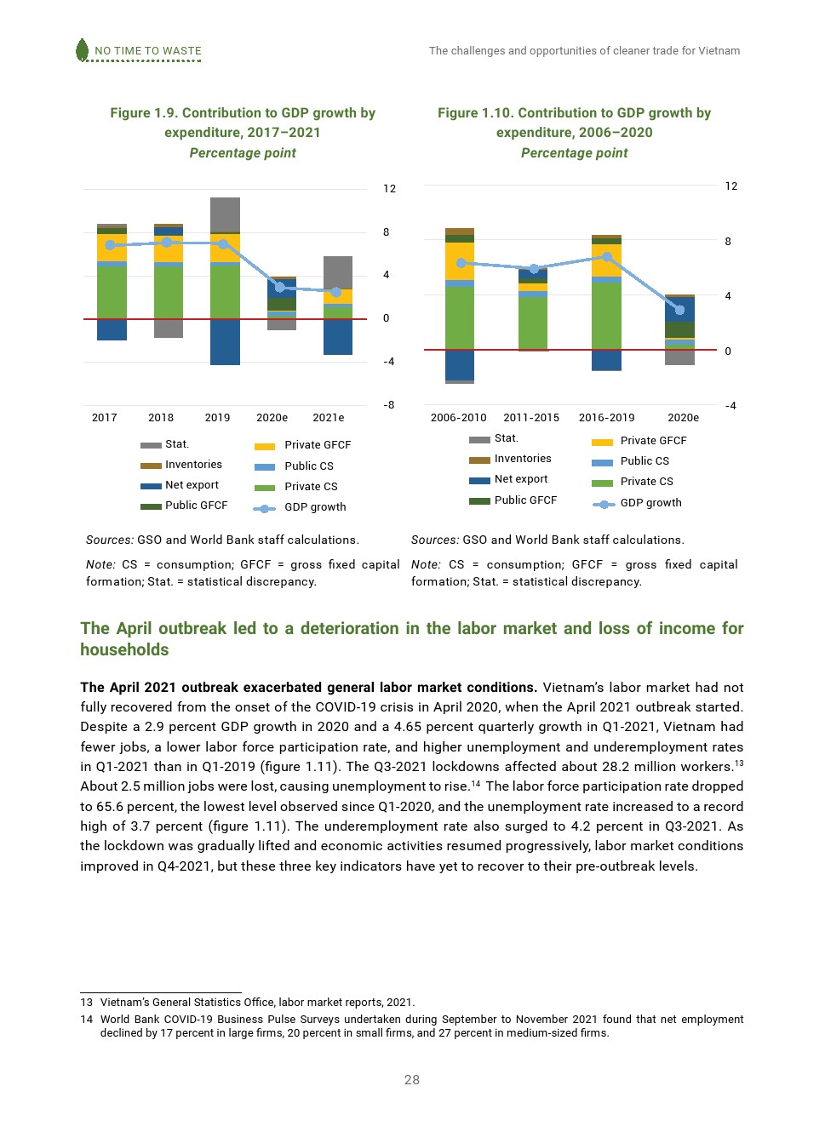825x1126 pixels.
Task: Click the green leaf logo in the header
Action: click(x=83, y=50)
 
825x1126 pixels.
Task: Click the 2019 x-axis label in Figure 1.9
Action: click(x=217, y=418)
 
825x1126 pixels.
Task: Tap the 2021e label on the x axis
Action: click(x=329, y=418)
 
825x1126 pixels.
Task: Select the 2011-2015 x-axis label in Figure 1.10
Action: click(x=531, y=418)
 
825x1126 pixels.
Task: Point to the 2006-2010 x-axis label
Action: click(x=458, y=418)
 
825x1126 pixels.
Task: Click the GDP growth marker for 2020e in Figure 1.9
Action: click(x=280, y=287)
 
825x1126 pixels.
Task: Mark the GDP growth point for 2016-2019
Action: click(x=607, y=256)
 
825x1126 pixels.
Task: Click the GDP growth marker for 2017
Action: click(x=110, y=245)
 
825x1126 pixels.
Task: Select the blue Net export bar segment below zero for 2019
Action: click(x=225, y=342)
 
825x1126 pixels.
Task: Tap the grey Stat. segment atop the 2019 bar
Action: click(x=225, y=214)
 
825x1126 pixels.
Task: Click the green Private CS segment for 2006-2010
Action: click(x=460, y=317)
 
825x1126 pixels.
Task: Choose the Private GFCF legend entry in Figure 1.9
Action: click(x=317, y=445)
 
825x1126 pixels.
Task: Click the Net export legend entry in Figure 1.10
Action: click(x=520, y=479)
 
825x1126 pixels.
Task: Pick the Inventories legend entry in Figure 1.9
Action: click(x=193, y=465)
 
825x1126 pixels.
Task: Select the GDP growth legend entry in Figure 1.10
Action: click(x=650, y=503)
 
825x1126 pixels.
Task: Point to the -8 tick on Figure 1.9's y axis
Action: click(x=389, y=405)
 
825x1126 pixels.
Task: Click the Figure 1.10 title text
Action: click(x=574, y=123)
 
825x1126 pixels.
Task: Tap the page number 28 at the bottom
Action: click(x=412, y=1080)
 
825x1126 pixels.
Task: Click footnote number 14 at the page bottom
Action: click(x=87, y=1020)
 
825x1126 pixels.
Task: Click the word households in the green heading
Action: click(x=124, y=650)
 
